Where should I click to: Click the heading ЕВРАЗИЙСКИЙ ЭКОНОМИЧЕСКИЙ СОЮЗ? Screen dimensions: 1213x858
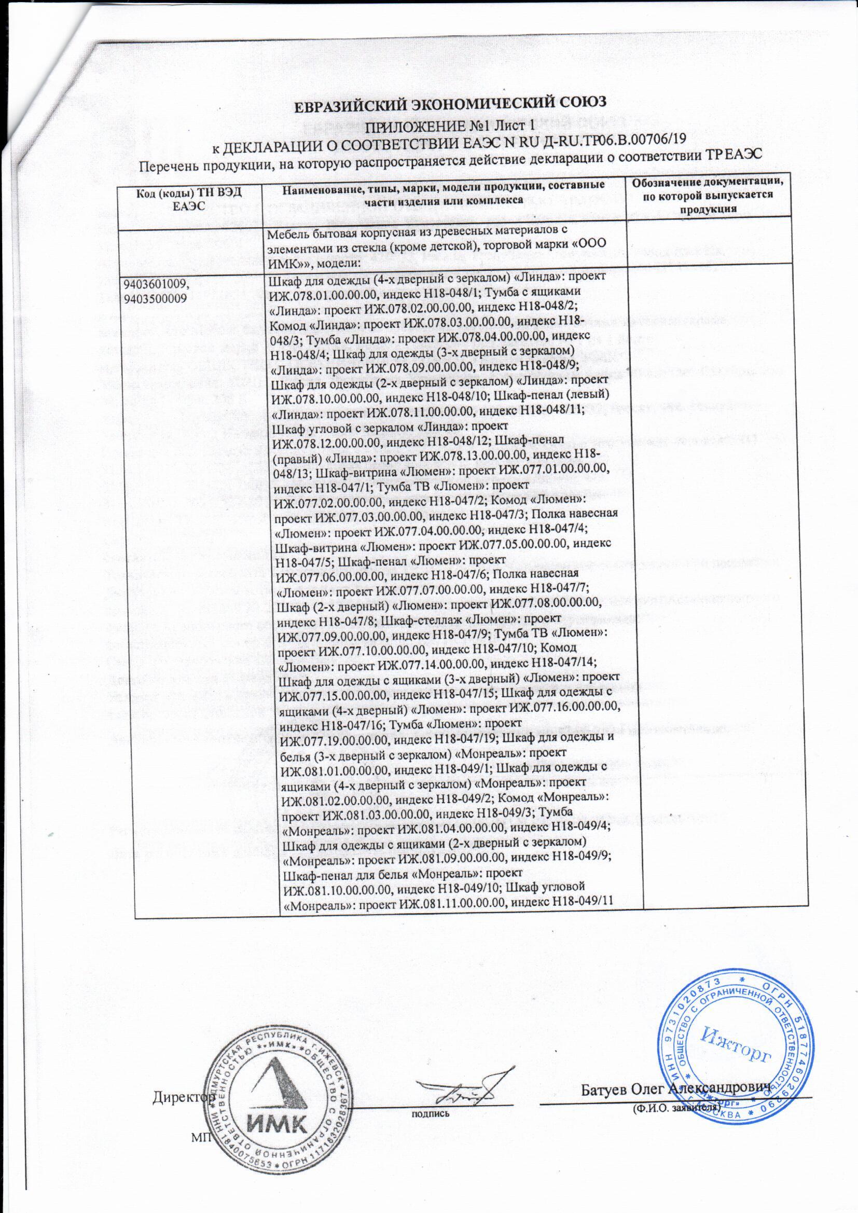tap(428, 104)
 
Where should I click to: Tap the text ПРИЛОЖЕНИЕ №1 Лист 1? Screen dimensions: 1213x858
tap(428, 125)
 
